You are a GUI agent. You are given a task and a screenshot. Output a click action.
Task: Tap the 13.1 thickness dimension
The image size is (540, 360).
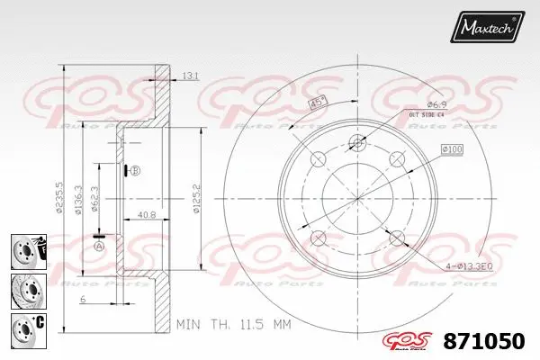(188, 76)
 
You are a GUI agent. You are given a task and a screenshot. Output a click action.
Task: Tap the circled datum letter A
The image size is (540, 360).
(99, 245)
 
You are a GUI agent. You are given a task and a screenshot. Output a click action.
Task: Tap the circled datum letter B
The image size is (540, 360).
(134, 171)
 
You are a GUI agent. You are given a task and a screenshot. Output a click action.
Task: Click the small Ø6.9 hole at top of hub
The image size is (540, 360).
(357, 141)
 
